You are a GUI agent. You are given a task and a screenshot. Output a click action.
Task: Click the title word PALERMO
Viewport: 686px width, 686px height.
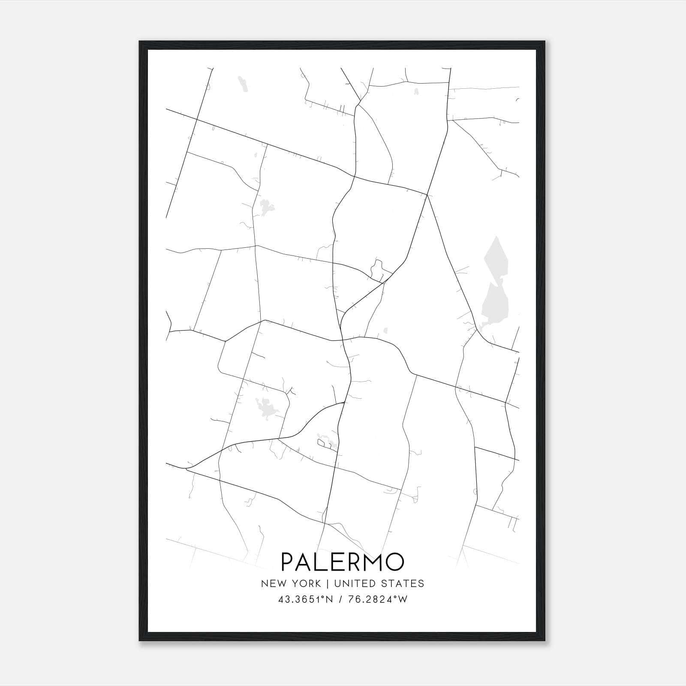[343, 562]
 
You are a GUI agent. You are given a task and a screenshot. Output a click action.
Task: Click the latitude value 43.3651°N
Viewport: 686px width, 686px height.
[305, 599]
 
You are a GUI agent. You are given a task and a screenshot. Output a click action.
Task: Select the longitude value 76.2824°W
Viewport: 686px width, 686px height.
[377, 599]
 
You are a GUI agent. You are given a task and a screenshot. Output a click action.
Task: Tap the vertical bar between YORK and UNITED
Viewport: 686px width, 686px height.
[327, 584]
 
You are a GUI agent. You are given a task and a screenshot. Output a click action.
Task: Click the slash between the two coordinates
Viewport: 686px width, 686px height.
[340, 599]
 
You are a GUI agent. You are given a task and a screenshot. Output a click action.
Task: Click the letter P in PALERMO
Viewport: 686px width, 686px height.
[287, 562]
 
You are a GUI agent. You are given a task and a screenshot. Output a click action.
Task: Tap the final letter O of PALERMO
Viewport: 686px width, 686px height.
[394, 562]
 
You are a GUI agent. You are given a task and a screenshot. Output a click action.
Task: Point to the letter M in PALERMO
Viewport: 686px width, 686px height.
[370, 562]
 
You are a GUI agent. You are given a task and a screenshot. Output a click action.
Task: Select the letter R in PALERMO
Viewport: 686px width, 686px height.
[348, 562]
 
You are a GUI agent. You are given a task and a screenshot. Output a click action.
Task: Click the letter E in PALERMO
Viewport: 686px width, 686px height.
[333, 562]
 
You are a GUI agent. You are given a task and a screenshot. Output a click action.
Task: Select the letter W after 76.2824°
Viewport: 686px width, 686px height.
[403, 599]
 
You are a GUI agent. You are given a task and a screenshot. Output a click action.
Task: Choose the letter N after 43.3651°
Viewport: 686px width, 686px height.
[329, 599]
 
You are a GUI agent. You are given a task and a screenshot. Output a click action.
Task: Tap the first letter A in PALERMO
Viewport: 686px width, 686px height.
[303, 562]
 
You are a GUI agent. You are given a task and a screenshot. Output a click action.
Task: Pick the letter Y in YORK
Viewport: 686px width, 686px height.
[296, 584]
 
